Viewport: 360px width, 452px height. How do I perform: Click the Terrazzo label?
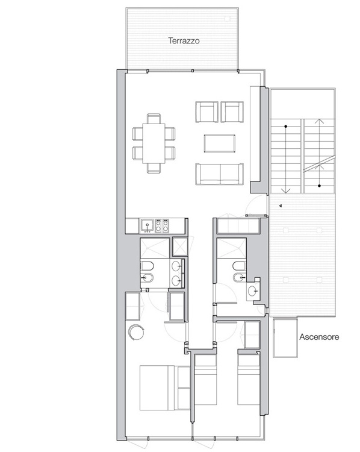tap(184, 40)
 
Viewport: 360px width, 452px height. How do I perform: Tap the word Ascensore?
tap(319, 337)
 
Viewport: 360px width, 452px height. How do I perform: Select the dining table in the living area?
tap(154, 143)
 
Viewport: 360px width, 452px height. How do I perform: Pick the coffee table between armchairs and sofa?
tap(220, 143)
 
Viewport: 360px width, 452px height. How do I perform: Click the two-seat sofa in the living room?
tap(220, 174)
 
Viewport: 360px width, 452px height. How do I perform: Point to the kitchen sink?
tap(147, 225)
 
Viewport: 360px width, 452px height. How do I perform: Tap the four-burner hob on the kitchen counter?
tap(162, 225)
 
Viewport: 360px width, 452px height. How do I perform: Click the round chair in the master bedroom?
tap(136, 332)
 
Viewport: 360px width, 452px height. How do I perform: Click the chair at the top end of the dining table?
tap(154, 119)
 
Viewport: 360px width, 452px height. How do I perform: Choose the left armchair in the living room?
tap(206, 112)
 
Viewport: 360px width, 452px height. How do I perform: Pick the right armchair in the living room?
tap(232, 112)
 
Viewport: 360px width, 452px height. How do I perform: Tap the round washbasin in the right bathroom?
tap(253, 290)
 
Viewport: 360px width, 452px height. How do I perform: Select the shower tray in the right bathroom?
tap(231, 248)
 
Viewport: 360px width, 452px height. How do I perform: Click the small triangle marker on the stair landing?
tap(280, 206)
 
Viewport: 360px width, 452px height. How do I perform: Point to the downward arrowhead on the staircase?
tap(286, 190)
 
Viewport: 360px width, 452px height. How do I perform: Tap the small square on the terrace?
tap(228, 19)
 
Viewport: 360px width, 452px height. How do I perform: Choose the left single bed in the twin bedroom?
tap(205, 380)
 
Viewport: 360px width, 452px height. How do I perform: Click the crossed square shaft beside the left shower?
tap(180, 246)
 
